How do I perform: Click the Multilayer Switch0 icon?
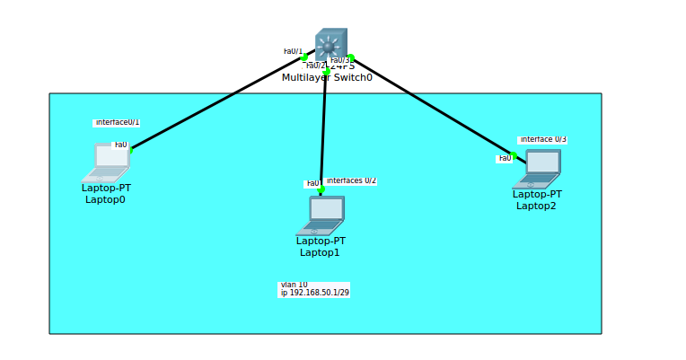tap(330, 43)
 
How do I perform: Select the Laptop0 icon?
tap(108, 162)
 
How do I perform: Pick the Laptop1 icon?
tap(321, 215)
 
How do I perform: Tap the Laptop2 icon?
tap(538, 168)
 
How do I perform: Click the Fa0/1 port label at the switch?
tap(293, 51)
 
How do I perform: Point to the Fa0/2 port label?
tap(315, 66)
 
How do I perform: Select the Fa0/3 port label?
tap(339, 60)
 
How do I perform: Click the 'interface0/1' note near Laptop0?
tap(117, 122)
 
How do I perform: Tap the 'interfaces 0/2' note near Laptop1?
tap(351, 180)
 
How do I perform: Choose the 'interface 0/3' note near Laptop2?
tap(542, 139)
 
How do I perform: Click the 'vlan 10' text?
tap(294, 285)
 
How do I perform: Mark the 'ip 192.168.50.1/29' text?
tap(314, 293)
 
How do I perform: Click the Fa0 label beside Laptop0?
tap(120, 145)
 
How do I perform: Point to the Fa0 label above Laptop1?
tap(312, 184)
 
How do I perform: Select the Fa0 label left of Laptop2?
tap(505, 159)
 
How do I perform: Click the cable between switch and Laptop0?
tap(215, 104)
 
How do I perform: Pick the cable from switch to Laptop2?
tap(431, 106)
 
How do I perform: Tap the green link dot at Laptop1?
tap(321, 190)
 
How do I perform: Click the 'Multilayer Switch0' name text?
tap(327, 77)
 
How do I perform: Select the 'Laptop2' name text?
tap(536, 206)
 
